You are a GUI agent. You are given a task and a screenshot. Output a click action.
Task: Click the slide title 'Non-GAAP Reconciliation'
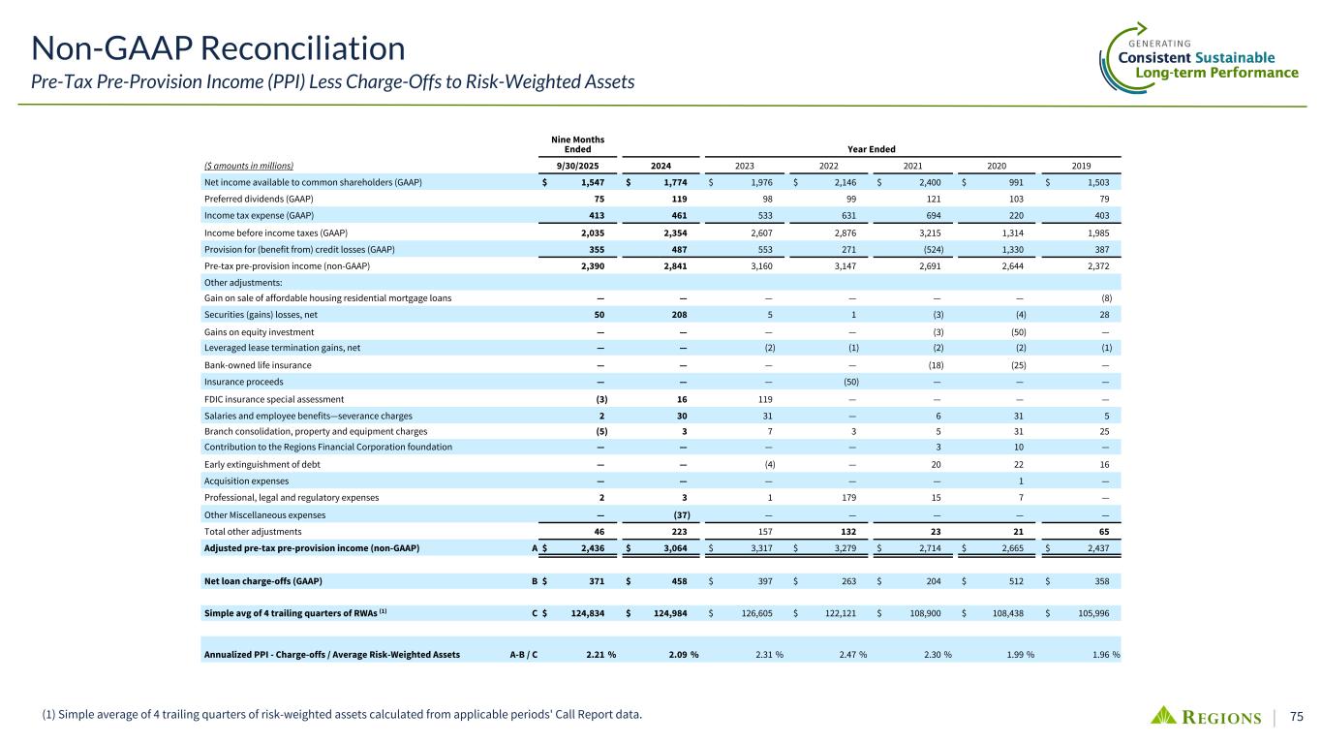pyautogui.click(x=218, y=46)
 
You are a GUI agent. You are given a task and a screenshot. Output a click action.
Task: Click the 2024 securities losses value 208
pyautogui.click(x=680, y=316)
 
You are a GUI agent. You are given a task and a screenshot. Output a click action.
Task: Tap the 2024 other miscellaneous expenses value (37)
pyautogui.click(x=680, y=514)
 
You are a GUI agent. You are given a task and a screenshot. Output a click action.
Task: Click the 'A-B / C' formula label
pyautogui.click(x=524, y=655)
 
